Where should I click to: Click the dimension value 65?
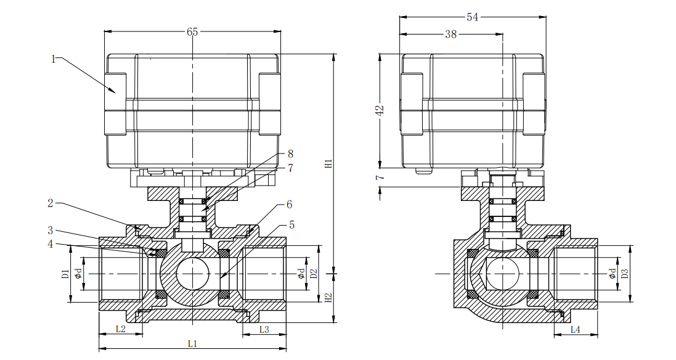pyautogui.click(x=192, y=32)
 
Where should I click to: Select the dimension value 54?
pyautogui.click(x=472, y=17)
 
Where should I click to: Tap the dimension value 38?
pyautogui.click(x=450, y=35)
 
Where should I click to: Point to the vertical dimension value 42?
pyautogui.click(x=380, y=110)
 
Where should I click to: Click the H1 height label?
pyautogui.click(x=329, y=164)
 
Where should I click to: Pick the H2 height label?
pyautogui.click(x=329, y=298)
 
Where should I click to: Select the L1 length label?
pyautogui.click(x=192, y=343)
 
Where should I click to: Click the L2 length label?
pyautogui.click(x=121, y=329)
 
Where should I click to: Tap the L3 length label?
pyautogui.click(x=264, y=329)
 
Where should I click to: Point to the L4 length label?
pyautogui.click(x=574, y=329)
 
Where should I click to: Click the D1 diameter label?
pyautogui.click(x=65, y=274)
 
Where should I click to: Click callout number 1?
pyautogui.click(x=54, y=59)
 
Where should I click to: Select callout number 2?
pyautogui.click(x=52, y=203)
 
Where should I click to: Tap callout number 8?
pyautogui.click(x=290, y=153)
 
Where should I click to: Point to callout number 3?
pyautogui.click(x=52, y=231)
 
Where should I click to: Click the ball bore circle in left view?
pyautogui.click(x=192, y=274)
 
